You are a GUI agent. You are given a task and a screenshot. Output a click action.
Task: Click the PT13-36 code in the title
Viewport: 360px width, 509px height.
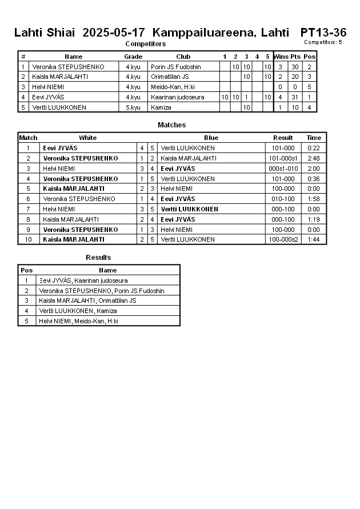point(323,33)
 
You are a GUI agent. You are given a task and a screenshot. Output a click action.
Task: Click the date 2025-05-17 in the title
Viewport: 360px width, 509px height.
point(114,33)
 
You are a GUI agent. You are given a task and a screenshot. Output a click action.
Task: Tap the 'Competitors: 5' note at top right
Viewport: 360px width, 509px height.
point(323,42)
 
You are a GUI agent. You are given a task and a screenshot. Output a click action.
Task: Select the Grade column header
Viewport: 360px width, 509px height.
point(133,57)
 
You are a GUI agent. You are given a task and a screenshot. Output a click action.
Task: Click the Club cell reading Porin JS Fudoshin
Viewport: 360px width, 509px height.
point(175,67)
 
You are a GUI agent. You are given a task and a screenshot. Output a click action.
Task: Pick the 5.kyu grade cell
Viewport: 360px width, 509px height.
point(133,107)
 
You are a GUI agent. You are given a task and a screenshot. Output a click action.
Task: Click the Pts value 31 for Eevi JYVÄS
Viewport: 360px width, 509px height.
point(295,97)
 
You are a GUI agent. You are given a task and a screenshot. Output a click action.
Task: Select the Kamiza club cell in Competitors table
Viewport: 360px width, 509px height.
point(162,107)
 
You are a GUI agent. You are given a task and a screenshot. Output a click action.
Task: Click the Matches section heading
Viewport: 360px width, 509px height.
point(171,125)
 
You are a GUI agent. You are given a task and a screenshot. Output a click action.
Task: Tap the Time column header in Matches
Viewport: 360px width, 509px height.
point(314,138)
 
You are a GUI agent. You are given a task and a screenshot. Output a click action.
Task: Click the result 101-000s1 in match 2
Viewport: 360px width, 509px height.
point(283,158)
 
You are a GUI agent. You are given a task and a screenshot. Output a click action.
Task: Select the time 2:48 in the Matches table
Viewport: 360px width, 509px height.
point(314,158)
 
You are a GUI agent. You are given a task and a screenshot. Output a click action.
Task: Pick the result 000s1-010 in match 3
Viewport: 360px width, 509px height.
point(283,169)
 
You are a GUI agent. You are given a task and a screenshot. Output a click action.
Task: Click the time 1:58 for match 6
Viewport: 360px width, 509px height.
point(314,199)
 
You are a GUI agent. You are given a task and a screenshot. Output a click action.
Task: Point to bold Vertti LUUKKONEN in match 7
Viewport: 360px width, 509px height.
point(189,209)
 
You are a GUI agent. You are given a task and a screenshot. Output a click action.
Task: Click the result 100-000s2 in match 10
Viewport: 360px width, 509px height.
point(283,239)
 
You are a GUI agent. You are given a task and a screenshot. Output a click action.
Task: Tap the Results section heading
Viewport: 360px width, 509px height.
point(98,258)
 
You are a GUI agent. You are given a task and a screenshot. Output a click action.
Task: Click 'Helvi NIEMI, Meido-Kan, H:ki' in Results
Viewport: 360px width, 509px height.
point(78,321)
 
